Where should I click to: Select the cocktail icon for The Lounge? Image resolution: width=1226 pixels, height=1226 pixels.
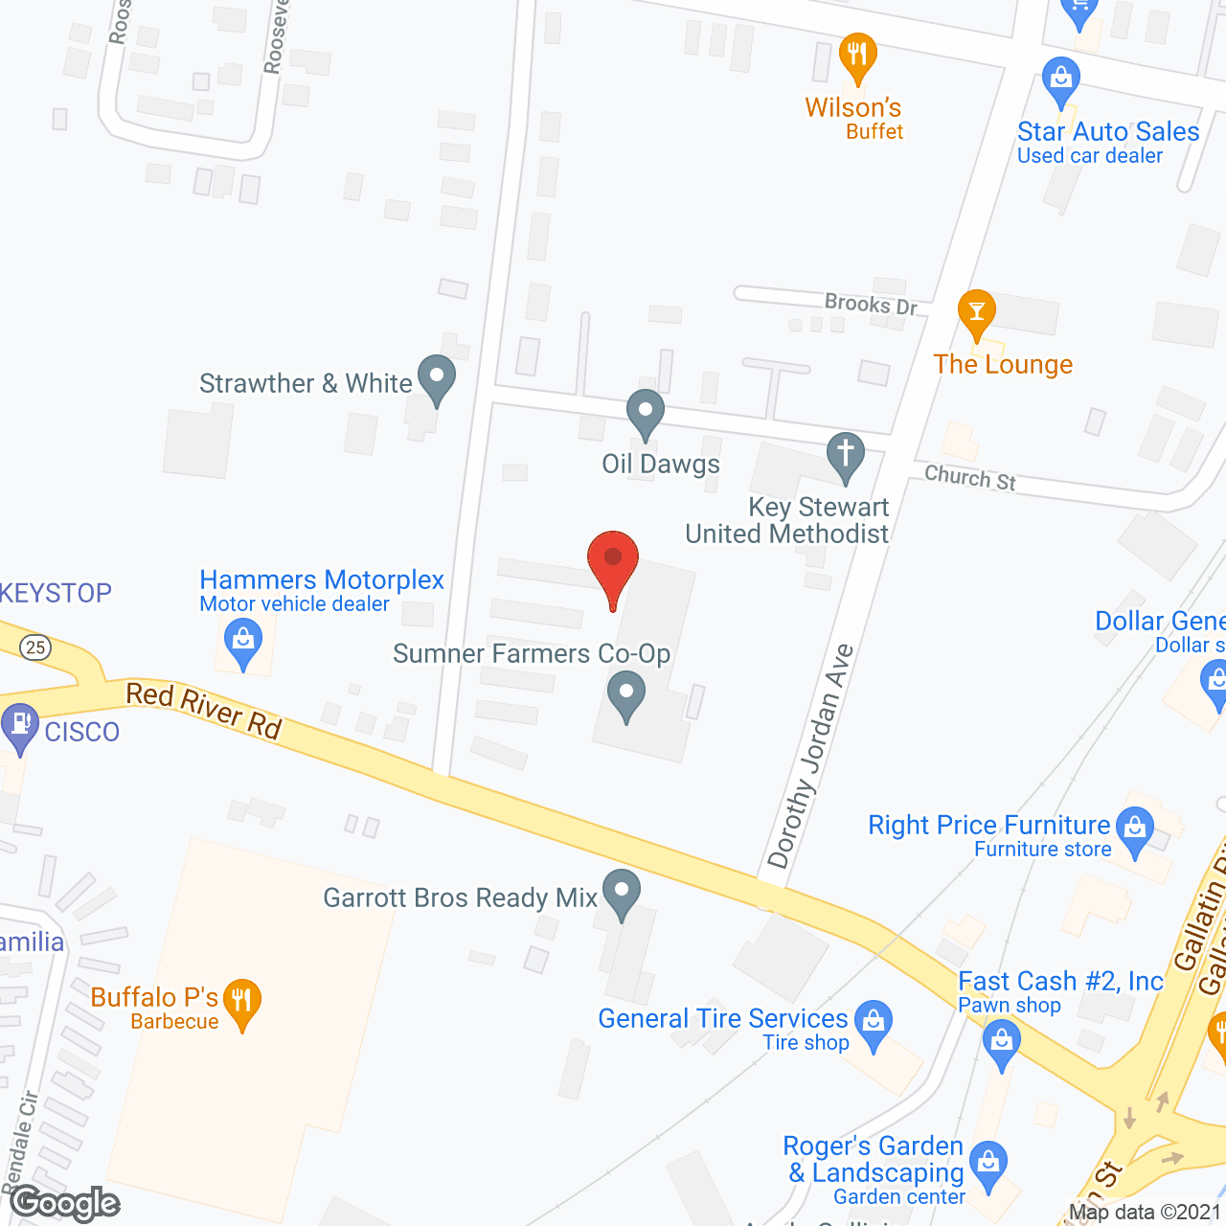(x=976, y=313)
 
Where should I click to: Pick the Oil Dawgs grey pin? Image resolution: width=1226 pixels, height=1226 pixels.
(x=646, y=414)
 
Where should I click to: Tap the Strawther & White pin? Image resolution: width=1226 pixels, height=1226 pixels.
(x=437, y=378)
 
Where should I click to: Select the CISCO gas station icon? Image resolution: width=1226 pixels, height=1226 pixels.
(x=19, y=726)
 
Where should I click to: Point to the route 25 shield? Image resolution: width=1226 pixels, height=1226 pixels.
(x=35, y=647)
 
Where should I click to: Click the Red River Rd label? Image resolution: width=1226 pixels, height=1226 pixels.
(x=204, y=710)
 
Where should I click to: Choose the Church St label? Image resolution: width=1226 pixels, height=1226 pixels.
(x=969, y=477)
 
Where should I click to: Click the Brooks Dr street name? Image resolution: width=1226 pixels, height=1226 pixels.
(x=871, y=305)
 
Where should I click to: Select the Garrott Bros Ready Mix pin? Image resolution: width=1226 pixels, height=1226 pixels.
(x=622, y=893)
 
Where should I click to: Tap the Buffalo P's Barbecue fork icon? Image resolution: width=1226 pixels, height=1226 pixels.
(x=242, y=1002)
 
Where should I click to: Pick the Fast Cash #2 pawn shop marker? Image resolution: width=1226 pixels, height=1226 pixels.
(x=1002, y=1041)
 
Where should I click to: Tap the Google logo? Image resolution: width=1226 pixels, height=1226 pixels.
(x=65, y=1203)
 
